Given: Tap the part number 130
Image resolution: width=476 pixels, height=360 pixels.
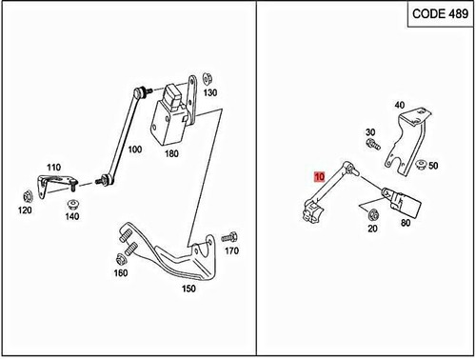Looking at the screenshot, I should [210, 92].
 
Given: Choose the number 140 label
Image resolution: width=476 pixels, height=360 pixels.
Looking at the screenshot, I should [71, 216].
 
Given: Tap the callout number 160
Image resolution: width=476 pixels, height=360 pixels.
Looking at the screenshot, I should [120, 274].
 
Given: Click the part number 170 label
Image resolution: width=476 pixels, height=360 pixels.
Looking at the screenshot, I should [229, 251].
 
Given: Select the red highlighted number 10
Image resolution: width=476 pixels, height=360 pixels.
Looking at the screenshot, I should [319, 176].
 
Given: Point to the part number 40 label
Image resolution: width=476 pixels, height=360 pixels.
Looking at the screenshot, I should [399, 105].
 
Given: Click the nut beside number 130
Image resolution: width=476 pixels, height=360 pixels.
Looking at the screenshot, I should [208, 76].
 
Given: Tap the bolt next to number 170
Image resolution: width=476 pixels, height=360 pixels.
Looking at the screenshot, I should [228, 235].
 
